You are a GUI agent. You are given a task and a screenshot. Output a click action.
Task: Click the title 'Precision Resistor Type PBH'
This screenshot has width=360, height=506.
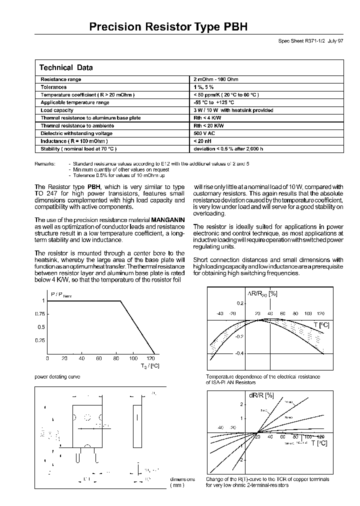168,27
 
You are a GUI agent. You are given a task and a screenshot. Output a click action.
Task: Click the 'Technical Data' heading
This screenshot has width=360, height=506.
65,68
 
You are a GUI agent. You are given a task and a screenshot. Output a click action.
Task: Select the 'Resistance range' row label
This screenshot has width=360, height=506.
60,79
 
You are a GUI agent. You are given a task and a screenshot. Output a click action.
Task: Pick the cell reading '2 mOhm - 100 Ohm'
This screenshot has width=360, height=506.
216,79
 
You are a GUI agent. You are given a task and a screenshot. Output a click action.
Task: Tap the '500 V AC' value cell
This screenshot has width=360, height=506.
205,133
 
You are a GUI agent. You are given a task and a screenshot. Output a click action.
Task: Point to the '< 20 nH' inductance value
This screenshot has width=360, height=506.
203,141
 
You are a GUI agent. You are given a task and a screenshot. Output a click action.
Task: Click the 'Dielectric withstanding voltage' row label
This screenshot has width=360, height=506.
76,133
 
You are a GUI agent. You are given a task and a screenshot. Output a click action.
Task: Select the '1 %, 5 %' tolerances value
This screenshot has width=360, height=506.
203,87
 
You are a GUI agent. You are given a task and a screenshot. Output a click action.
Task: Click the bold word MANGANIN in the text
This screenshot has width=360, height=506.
168,220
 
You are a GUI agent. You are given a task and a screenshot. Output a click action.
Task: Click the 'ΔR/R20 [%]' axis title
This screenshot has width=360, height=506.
262,294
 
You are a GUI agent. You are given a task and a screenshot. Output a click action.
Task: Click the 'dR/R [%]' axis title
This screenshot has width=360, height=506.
262,395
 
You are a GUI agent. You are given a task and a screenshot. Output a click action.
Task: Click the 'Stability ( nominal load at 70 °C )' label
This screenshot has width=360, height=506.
78,149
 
